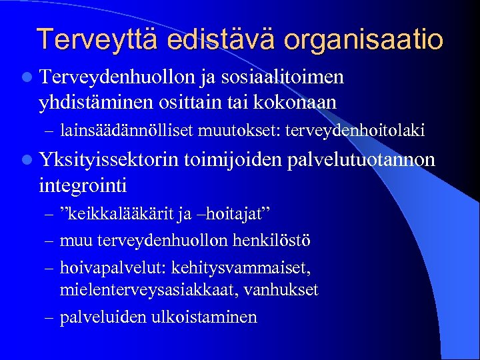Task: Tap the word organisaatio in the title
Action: click(x=363, y=39)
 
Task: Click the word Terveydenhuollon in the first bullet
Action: click(x=117, y=78)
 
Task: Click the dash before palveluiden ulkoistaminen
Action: click(x=49, y=317)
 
